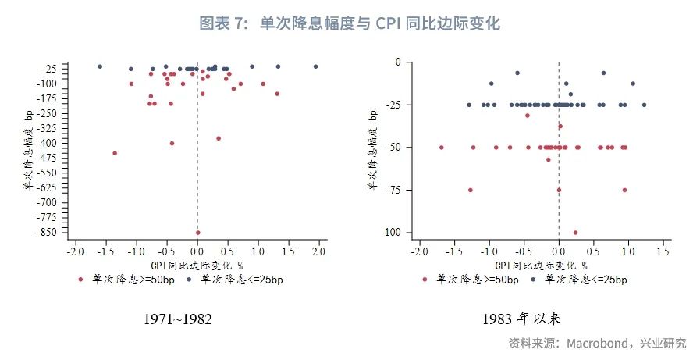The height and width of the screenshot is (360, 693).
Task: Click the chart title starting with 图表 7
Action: tap(349, 23)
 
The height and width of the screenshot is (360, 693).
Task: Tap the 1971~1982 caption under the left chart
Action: tap(178, 320)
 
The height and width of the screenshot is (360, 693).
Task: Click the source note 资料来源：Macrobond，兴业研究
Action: tap(597, 344)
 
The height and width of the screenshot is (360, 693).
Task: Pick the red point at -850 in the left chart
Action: tap(197, 233)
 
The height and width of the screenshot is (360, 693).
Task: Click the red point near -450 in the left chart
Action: tap(115, 153)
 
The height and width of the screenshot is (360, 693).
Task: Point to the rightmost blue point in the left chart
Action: tap(315, 66)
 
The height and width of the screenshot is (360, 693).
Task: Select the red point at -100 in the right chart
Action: tap(576, 232)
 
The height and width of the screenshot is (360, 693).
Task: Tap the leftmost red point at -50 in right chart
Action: tap(442, 147)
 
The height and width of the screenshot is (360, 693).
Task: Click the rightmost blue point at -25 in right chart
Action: tap(644, 105)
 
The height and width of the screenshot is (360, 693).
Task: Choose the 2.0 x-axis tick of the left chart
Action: tap(318, 252)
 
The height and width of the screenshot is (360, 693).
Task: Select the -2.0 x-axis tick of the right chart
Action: tap(418, 252)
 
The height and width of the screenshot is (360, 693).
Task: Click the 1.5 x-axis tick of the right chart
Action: tap(663, 252)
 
